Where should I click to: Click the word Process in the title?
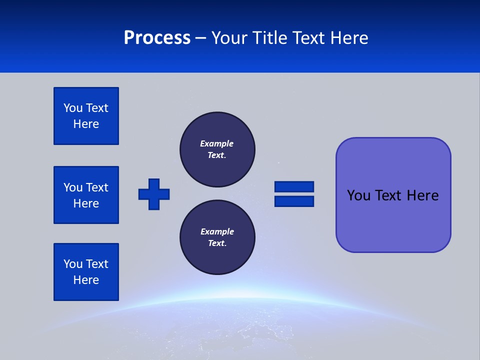coord(157,38)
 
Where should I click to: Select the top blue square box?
coord(86,116)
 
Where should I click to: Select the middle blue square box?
coord(86,195)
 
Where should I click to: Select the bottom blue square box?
coord(86,272)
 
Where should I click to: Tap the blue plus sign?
coord(154,194)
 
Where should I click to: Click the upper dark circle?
coord(217,149)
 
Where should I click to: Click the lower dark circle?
coord(217,237)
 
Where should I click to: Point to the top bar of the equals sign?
coord(294,187)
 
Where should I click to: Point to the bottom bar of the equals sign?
coord(294,201)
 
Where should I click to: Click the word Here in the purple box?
coord(422,195)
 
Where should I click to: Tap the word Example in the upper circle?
coord(216,143)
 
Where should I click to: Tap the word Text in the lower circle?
coord(216,243)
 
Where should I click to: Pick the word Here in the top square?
coord(86,124)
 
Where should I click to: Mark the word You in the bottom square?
coord(72,264)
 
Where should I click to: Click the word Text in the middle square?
coord(97,187)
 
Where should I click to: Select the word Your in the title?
coord(229,38)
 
